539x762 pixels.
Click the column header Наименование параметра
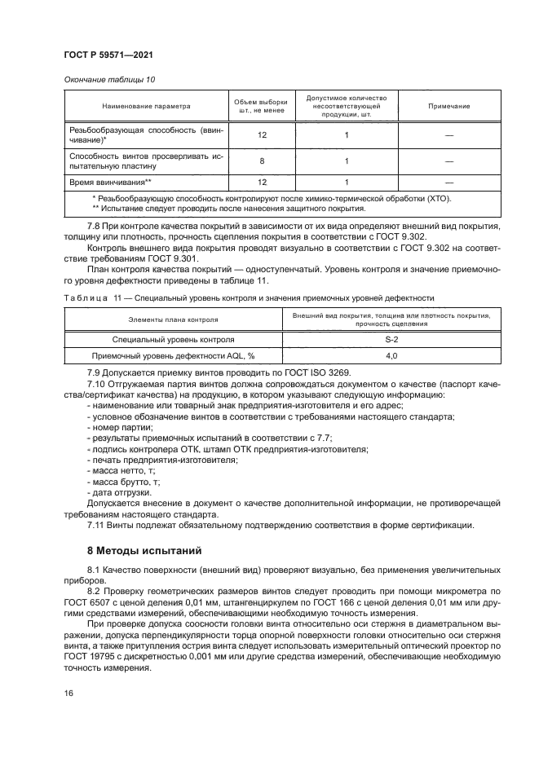click(146, 106)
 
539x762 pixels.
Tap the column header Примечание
click(449, 106)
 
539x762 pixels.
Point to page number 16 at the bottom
click(68, 693)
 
